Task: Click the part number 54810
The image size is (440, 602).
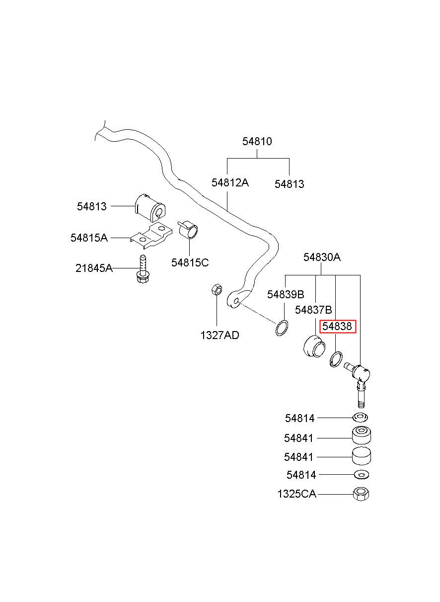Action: (x=257, y=141)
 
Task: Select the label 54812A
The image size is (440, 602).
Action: (x=230, y=183)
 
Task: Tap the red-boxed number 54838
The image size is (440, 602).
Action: (x=337, y=326)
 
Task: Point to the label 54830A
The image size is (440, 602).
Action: (x=322, y=257)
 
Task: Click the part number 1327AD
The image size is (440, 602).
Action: (x=220, y=335)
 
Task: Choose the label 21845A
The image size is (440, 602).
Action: (x=94, y=268)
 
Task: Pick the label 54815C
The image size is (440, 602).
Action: (x=190, y=262)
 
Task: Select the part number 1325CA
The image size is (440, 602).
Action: (x=297, y=494)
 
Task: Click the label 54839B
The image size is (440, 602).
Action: (x=286, y=295)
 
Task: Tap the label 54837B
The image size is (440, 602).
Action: (x=313, y=310)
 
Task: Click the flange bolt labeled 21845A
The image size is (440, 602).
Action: (x=143, y=269)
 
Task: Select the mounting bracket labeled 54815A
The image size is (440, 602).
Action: (x=151, y=236)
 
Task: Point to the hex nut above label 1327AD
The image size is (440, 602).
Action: (x=217, y=290)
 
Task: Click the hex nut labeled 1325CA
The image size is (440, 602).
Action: (x=361, y=494)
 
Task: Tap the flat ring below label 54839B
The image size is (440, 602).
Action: (x=282, y=328)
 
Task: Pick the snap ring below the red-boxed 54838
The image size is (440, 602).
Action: (x=336, y=359)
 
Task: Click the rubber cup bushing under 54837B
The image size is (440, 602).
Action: (x=314, y=345)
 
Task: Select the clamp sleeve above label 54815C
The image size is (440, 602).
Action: (x=188, y=229)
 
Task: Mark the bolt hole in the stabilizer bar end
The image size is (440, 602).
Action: (x=236, y=301)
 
